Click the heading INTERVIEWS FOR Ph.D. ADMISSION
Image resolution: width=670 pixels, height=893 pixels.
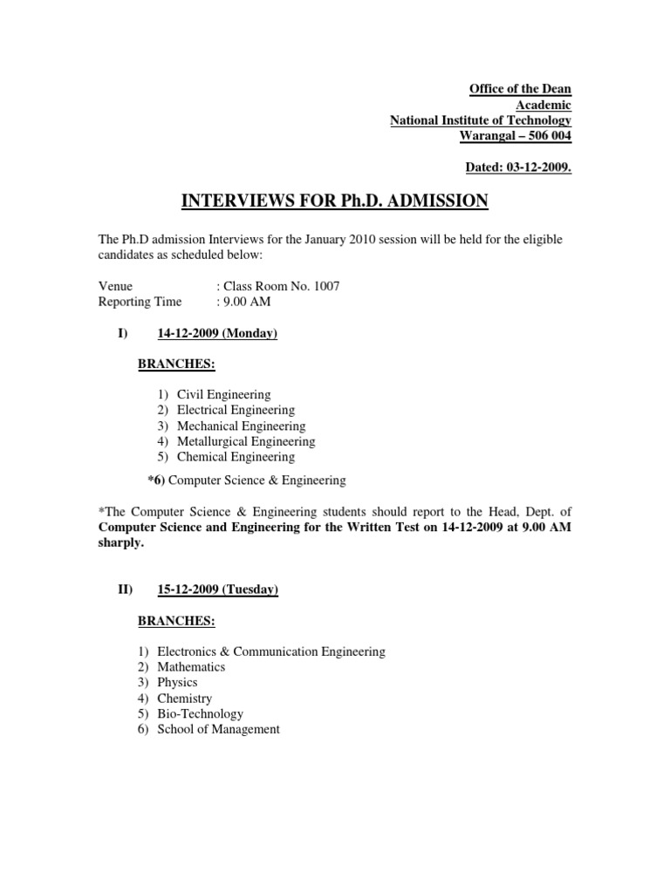coord(335,201)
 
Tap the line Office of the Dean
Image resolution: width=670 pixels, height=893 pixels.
coord(520,89)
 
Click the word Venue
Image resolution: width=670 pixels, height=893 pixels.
coord(115,286)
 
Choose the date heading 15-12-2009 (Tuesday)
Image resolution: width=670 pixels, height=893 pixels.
coord(217,590)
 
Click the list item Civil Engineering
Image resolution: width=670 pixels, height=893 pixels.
coord(223,394)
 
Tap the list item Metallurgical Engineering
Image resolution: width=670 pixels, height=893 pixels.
coord(246,441)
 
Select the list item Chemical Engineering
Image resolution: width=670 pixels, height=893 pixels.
coord(236,457)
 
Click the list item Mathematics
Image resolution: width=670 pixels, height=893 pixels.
coord(191,666)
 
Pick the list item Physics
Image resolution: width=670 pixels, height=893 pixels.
coord(177,682)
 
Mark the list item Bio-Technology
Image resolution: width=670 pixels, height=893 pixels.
coord(200,713)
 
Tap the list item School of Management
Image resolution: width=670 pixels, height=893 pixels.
coord(218,729)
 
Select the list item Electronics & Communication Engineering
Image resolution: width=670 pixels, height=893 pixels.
coord(271,651)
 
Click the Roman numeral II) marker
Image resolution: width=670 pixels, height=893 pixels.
coord(125,590)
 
